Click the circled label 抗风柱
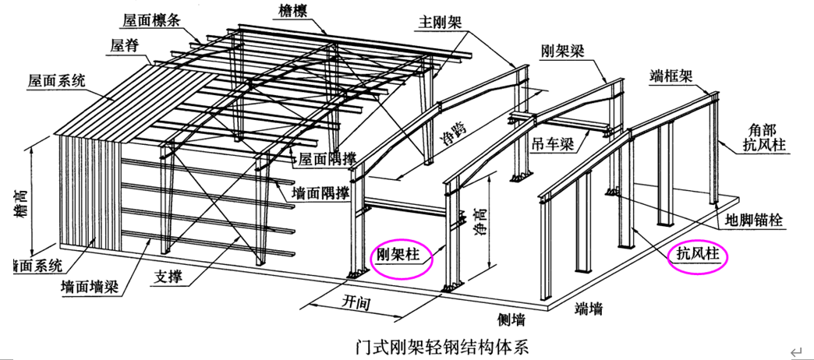699,256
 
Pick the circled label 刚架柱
402,256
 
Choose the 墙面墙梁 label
91,287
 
